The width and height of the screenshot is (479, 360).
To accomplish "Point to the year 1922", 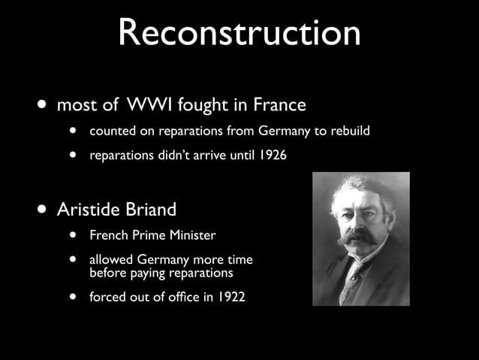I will point(230,297).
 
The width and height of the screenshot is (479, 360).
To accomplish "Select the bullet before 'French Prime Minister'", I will point(74,235).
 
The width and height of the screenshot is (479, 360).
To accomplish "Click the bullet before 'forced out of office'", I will point(74,297).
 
